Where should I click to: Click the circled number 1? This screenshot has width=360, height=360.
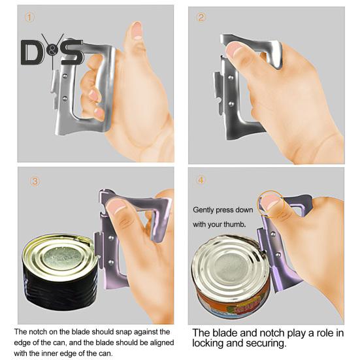[x=29, y=18]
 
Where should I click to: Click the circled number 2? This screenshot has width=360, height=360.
[x=201, y=18]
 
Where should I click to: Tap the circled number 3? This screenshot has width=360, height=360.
[x=35, y=182]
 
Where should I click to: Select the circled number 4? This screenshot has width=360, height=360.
[x=201, y=180]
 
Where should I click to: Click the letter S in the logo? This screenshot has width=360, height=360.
[x=72, y=52]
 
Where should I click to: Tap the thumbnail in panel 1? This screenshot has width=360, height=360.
[x=137, y=30]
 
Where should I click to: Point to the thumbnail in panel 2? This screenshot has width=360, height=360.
[x=234, y=50]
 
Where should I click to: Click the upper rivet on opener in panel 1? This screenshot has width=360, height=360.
[x=65, y=75]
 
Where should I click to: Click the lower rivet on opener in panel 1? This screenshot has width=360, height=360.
[x=65, y=99]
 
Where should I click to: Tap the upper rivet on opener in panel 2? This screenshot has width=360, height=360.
[x=231, y=78]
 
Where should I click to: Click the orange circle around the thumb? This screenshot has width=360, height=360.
[x=271, y=204]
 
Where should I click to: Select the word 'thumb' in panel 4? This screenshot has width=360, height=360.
[x=237, y=224]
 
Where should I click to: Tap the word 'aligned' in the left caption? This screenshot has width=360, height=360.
[x=162, y=342]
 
